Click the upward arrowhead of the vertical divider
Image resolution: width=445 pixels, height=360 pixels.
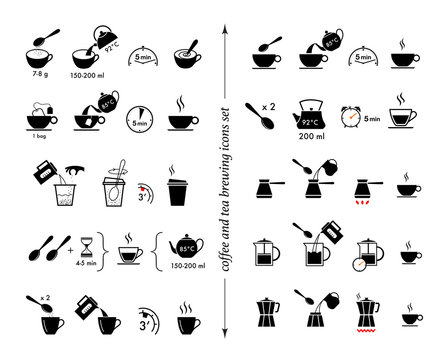(228, 31)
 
